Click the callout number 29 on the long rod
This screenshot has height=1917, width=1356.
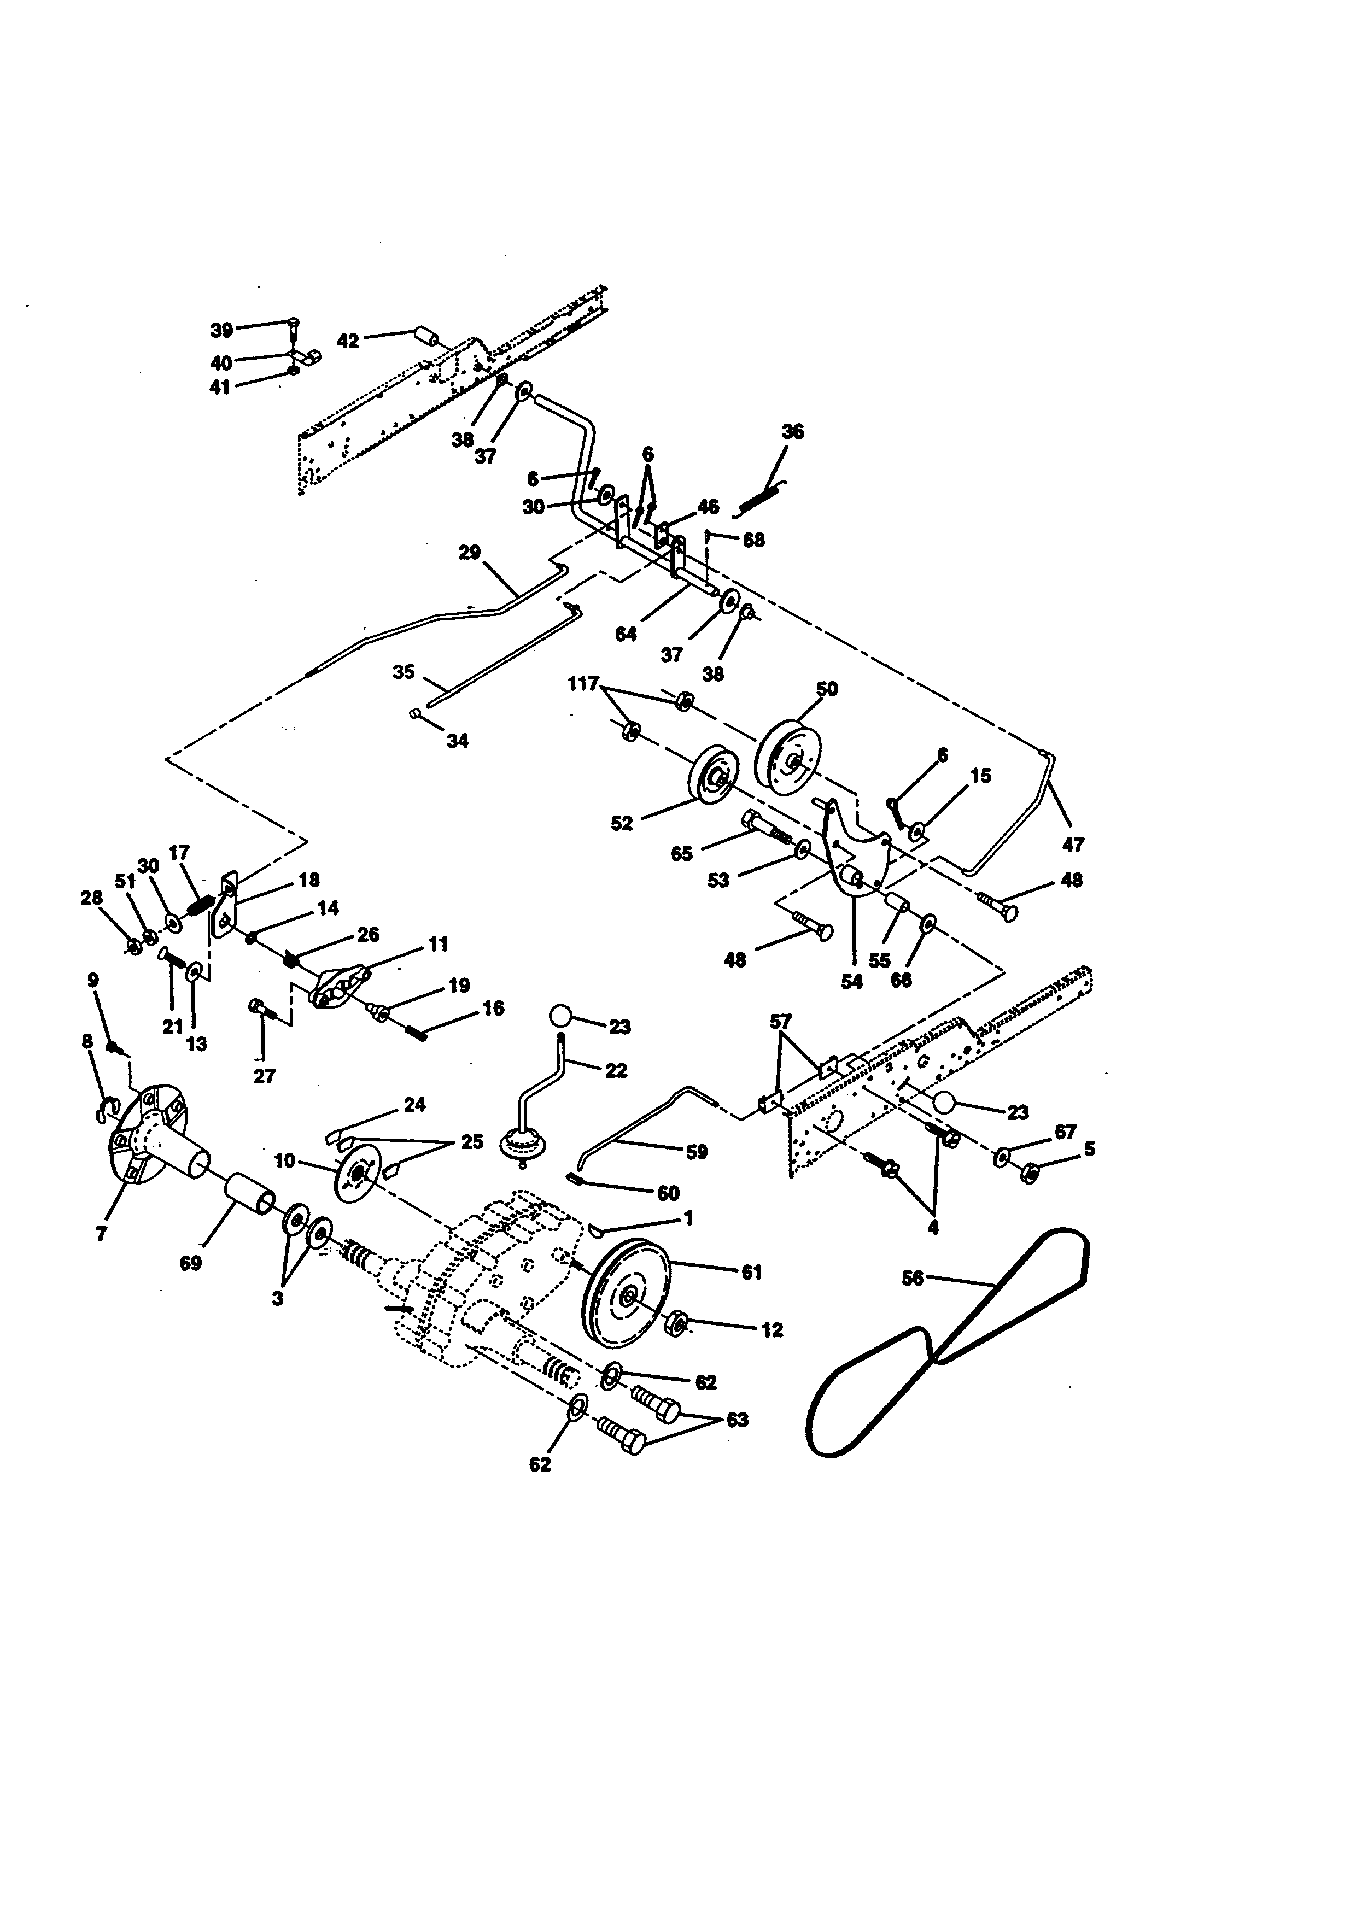pyautogui.click(x=470, y=553)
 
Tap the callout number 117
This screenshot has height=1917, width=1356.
pyautogui.click(x=583, y=684)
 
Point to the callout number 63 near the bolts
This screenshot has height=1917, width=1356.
pyautogui.click(x=737, y=1420)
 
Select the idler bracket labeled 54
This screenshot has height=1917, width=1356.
pyautogui.click(x=852, y=869)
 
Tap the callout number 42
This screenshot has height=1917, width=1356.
pyautogui.click(x=348, y=341)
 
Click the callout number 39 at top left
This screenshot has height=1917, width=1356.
pyautogui.click(x=221, y=330)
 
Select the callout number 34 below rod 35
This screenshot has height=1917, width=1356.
pyautogui.click(x=458, y=741)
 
